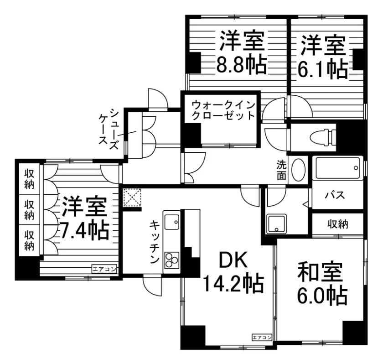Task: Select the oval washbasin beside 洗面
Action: point(299,170)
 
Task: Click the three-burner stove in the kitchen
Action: point(172,260)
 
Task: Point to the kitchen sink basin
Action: point(172,222)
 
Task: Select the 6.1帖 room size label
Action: point(322,69)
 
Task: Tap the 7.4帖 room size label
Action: point(84,231)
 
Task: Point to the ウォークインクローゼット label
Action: point(223,110)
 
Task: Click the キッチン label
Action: point(155,242)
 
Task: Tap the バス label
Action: point(335,195)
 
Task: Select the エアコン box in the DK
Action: point(262,338)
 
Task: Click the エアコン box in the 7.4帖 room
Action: point(104,270)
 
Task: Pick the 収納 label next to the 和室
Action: point(338,224)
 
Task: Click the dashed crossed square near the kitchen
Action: point(132,198)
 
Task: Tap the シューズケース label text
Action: point(109,130)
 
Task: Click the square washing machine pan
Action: point(276,224)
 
